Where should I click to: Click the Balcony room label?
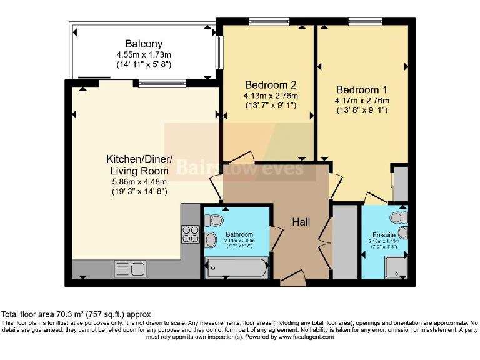point(144,44)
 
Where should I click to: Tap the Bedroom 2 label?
point(271,85)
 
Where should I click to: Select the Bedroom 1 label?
point(362,89)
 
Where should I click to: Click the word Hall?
point(301,222)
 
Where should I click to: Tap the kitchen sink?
point(130,269)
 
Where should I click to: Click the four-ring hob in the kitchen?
point(189,234)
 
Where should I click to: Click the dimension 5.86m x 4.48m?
point(136,182)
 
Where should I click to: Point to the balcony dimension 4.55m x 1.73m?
point(144,54)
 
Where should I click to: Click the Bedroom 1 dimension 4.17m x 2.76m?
point(362,100)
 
